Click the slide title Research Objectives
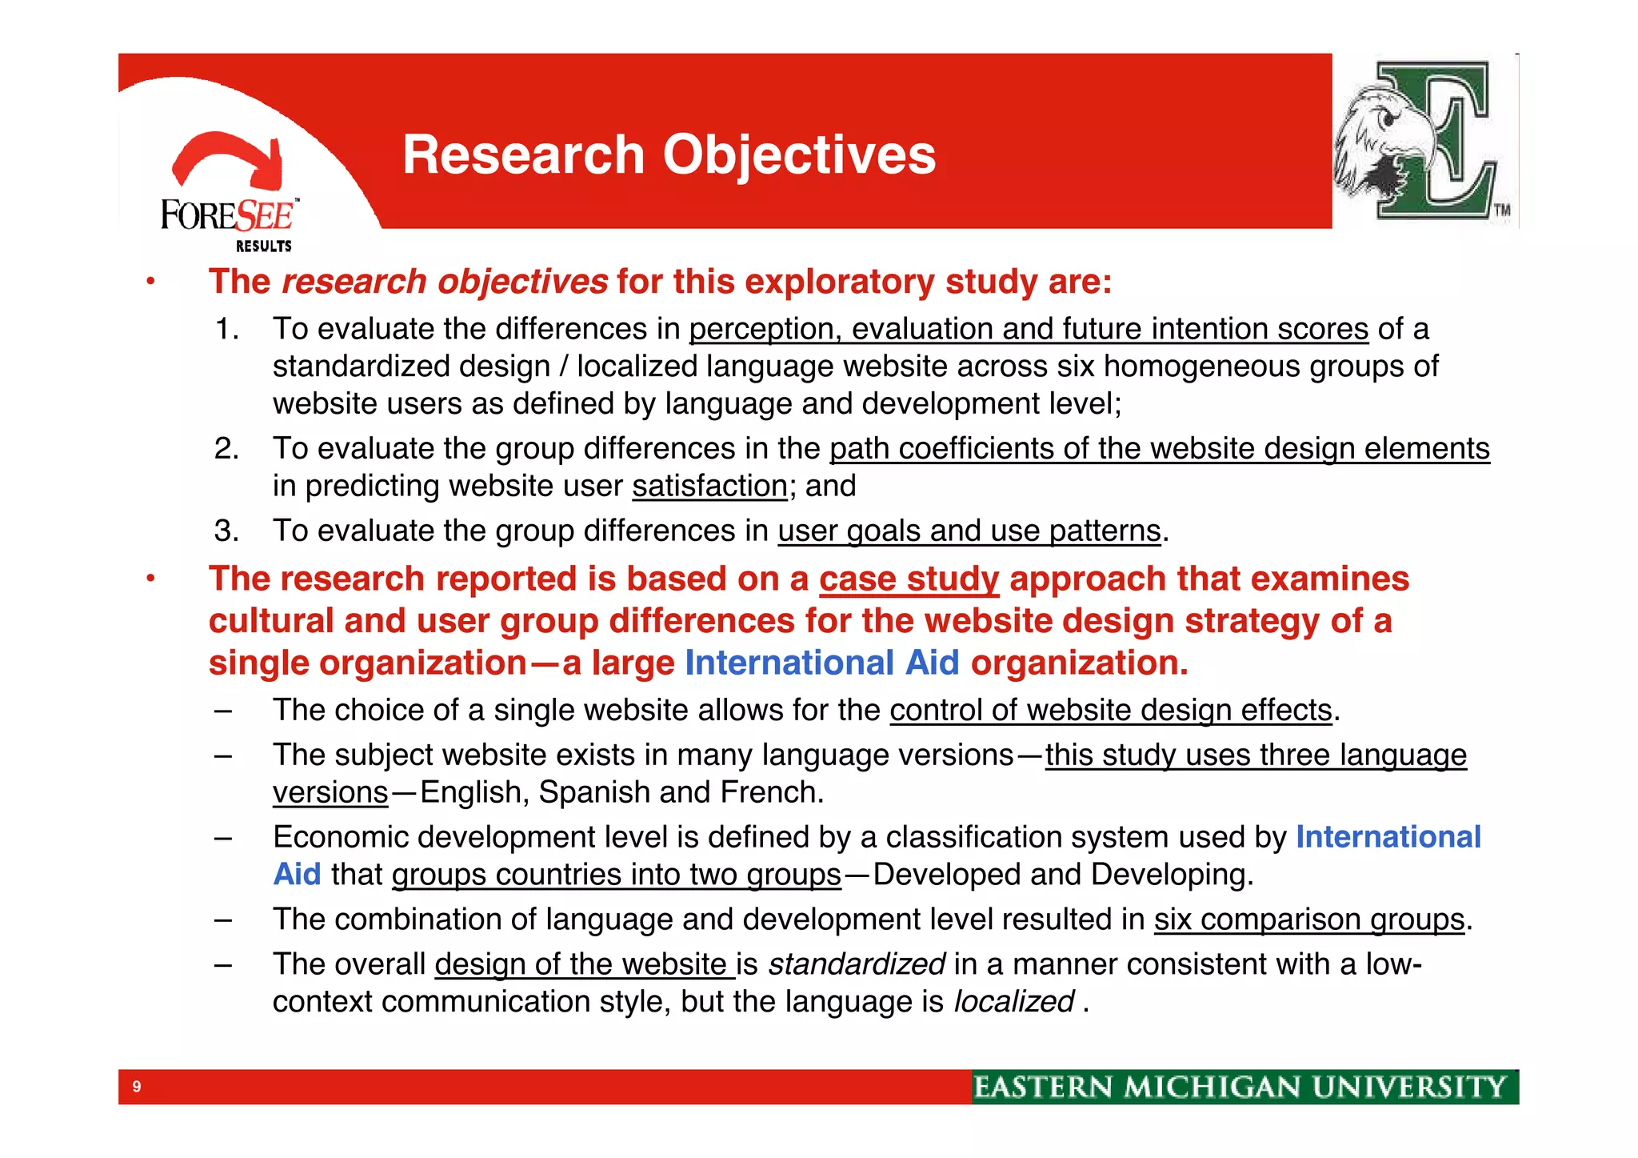click(x=669, y=154)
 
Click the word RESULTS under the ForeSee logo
click(x=263, y=246)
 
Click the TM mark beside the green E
click(x=1502, y=210)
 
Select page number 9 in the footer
click(x=137, y=1087)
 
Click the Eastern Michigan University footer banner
click(x=1244, y=1087)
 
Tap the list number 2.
click(x=226, y=449)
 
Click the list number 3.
click(x=226, y=531)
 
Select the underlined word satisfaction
click(x=709, y=487)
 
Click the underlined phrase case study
click(x=909, y=579)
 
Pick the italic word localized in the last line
click(x=1013, y=1002)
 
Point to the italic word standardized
click(x=857, y=964)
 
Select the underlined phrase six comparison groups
click(x=1308, y=920)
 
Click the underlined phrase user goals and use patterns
click(x=969, y=531)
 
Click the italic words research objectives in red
click(x=445, y=282)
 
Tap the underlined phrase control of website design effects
click(x=1110, y=711)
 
